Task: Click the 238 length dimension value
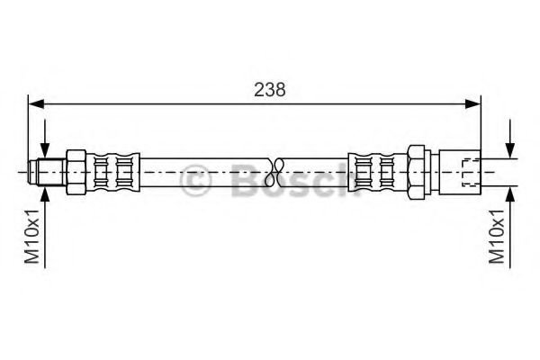point(269,89)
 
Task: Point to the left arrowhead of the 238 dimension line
point(34,105)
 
